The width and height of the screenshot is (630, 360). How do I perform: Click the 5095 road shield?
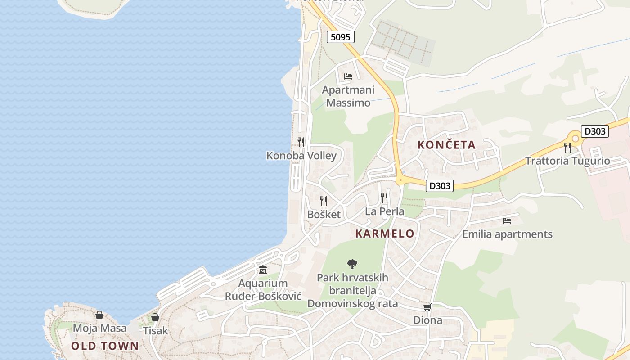point(340,37)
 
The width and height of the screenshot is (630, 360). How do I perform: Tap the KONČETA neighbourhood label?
point(446,145)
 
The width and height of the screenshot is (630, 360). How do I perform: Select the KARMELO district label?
point(385,234)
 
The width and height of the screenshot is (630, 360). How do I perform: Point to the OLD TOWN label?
point(105,346)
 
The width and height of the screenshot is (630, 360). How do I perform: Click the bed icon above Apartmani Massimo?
point(348,76)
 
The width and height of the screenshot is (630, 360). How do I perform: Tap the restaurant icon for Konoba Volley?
point(301,142)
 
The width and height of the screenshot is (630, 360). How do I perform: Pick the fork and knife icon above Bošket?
point(324,201)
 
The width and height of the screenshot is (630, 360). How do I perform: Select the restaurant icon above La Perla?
point(384,198)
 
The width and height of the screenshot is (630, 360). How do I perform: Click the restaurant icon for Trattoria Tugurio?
point(567,147)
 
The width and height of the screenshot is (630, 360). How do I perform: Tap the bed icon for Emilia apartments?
point(507,220)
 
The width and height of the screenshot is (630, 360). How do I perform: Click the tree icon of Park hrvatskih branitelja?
point(352,264)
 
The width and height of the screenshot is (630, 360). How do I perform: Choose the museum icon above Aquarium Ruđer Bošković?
point(263,270)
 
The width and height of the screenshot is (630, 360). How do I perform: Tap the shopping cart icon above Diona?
point(427,307)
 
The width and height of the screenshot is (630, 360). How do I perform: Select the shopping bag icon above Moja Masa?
point(99,315)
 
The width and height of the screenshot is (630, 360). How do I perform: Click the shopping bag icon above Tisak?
point(155,317)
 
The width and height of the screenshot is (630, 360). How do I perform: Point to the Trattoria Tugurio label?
point(567,161)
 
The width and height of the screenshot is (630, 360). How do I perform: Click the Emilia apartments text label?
point(507,234)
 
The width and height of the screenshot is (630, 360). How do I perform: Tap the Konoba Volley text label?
point(301,156)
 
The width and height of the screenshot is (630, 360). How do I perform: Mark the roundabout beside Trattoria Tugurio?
point(575,139)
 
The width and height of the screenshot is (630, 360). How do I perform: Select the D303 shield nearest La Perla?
point(439,185)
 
